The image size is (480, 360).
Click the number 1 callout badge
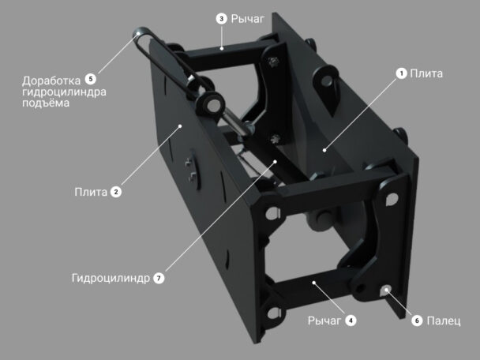pyautogui.click(x=401, y=73)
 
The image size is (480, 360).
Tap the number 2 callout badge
pyautogui.click(x=116, y=192)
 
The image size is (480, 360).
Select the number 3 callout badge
pyautogui.click(x=221, y=19)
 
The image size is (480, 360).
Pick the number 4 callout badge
pyautogui.click(x=351, y=321)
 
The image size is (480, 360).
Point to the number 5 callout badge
pyautogui.click(x=91, y=79)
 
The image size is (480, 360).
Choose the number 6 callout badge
pyautogui.click(x=417, y=321)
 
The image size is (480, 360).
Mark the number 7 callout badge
pyautogui.click(x=159, y=278)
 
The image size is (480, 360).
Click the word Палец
pyautogui.click(x=443, y=321)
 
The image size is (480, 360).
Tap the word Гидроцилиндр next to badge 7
pyautogui.click(x=111, y=279)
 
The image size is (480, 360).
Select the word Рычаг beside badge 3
pyautogui.click(x=247, y=19)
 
